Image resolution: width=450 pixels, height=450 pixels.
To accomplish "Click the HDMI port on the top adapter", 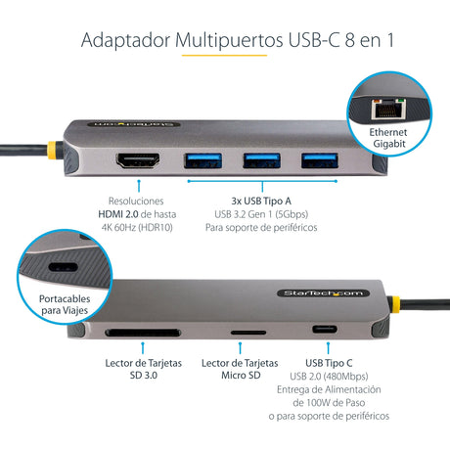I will (x=138, y=158).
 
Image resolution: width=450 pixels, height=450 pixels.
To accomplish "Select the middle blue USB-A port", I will (x=254, y=158).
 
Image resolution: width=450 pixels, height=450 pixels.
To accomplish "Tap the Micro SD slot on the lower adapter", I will (x=239, y=333).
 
